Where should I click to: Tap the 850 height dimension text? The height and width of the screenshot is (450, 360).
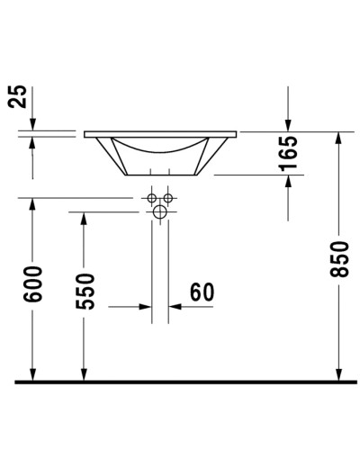[x=339, y=262]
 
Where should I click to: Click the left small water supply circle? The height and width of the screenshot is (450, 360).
[x=152, y=198]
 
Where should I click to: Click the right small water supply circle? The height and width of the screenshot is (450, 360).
[x=167, y=198]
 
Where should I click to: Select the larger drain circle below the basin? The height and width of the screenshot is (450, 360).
[x=160, y=212]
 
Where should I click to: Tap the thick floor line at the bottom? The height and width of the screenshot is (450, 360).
[x=180, y=382]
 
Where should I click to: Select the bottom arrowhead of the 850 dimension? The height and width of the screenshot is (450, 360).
[x=339, y=373]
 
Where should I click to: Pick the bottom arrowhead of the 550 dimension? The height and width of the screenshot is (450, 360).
[x=84, y=373]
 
